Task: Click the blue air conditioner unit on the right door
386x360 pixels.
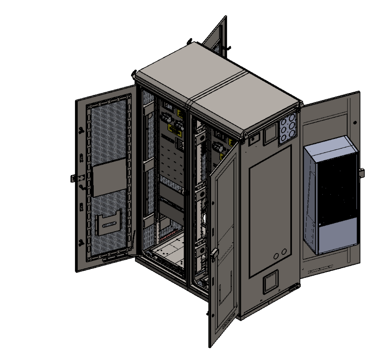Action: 331,194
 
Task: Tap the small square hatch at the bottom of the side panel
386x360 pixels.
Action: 271,283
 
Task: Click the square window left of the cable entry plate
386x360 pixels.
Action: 271,134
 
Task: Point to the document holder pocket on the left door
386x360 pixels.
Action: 108,224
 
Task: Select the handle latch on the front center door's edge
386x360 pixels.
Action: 215,254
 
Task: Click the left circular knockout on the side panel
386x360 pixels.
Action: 276,254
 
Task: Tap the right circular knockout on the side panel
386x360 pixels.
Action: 284,252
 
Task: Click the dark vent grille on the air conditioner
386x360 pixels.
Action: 337,191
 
